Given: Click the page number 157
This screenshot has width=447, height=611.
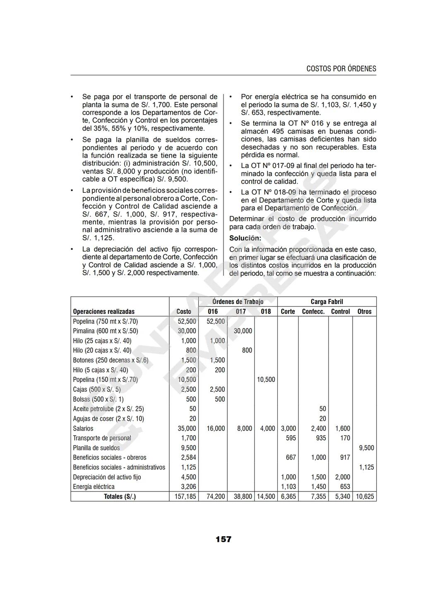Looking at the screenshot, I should [x=223, y=539].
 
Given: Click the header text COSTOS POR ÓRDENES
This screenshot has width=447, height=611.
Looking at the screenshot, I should [x=341, y=69].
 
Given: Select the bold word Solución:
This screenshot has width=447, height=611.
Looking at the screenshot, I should [x=245, y=238].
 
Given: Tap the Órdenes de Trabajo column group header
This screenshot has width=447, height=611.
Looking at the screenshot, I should [x=238, y=302].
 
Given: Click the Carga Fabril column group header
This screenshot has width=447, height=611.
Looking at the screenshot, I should [x=327, y=302].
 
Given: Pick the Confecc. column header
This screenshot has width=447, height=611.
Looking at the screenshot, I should [x=313, y=311].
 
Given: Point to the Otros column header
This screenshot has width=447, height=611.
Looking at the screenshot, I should [x=364, y=311].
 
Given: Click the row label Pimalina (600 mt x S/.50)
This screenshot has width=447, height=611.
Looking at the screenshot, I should [x=106, y=331].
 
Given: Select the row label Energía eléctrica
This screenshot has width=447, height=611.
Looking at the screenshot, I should [x=94, y=486].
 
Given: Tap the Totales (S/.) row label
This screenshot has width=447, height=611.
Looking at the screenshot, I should [x=120, y=496].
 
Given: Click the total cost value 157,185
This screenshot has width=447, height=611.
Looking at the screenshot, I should [x=185, y=496].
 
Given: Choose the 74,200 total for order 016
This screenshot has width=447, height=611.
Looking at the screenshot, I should [x=216, y=496].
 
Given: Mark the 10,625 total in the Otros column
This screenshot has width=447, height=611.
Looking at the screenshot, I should [x=365, y=496].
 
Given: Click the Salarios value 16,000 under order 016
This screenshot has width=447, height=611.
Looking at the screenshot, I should [x=216, y=429].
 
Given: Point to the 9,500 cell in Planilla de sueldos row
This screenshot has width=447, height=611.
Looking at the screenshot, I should [x=366, y=448].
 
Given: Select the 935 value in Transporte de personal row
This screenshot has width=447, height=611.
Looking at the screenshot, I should [x=321, y=438].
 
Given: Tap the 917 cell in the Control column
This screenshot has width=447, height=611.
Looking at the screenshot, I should [x=344, y=458].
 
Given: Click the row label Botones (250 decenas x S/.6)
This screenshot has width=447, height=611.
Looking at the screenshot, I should [x=111, y=360].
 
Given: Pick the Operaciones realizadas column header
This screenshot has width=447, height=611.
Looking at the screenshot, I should [x=103, y=311].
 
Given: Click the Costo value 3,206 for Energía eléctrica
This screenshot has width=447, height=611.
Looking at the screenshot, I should [x=188, y=486].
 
